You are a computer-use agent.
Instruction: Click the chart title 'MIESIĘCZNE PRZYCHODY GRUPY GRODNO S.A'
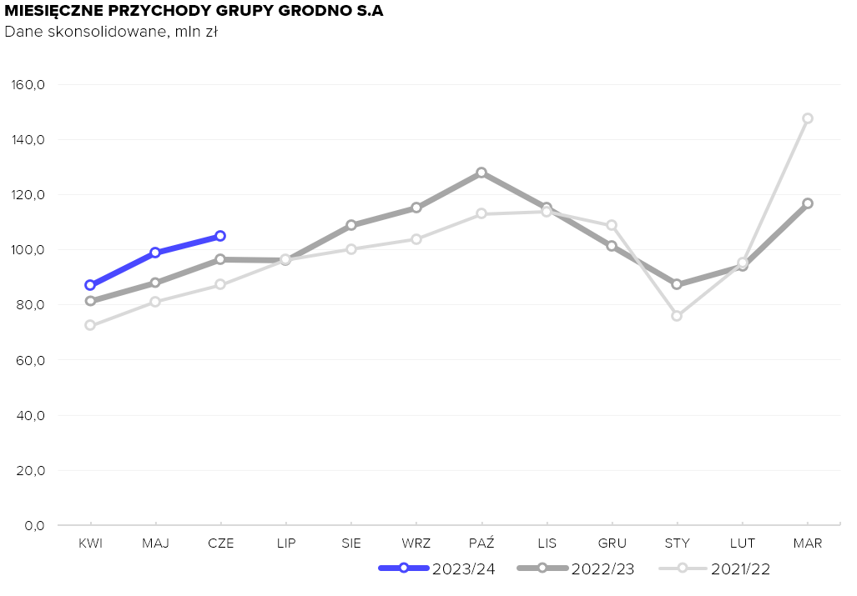coord(194,12)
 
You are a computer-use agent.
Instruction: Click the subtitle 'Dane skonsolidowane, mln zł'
coord(111,33)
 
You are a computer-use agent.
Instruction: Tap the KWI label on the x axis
coord(90,543)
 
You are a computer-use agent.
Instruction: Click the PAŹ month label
coord(481,543)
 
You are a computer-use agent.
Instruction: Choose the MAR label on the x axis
coord(808,543)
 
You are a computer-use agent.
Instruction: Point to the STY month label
coord(677,543)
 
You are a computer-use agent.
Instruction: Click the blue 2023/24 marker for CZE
coord(220,236)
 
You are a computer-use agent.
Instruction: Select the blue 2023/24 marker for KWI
coord(90,285)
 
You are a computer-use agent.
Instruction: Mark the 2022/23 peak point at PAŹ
coord(481,173)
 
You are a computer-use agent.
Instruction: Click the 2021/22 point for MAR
coord(808,118)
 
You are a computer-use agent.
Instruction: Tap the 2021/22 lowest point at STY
coord(677,316)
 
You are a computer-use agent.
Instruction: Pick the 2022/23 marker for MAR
coord(808,203)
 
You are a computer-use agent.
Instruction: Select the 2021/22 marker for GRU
coord(612,225)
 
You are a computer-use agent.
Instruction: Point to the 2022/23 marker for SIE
coord(351,225)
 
